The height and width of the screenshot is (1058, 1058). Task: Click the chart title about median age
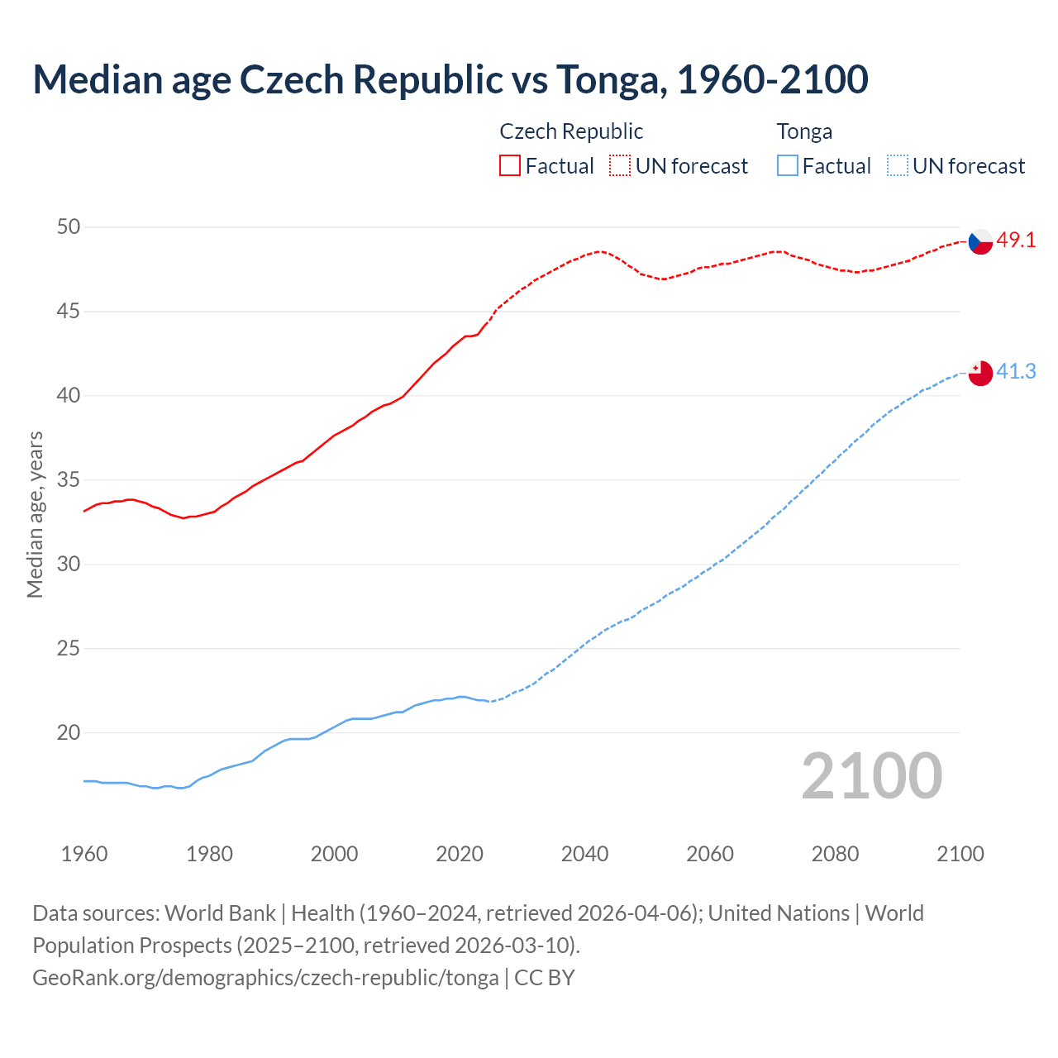(450, 79)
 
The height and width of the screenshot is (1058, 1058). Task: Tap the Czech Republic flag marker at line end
(979, 241)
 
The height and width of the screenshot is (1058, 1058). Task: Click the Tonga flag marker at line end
(979, 373)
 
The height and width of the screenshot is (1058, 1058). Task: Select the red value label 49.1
(1016, 241)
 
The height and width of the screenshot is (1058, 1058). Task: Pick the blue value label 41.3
(1016, 372)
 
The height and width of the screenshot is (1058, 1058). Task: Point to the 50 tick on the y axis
(69, 226)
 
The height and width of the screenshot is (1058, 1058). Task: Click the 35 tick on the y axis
(69, 479)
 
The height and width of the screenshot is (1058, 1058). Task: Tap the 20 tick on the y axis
(69, 732)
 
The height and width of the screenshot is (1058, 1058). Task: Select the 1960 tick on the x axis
(84, 854)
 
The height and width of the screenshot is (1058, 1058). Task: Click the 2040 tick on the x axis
(584, 854)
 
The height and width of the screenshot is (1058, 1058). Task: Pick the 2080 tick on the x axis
(835, 854)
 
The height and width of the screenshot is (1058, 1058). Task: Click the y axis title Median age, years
(35, 514)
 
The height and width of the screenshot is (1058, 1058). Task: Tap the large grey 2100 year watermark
(871, 776)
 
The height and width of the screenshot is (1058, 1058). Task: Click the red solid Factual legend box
(510, 165)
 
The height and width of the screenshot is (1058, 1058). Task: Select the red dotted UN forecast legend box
(620, 165)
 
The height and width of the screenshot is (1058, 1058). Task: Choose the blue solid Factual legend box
(788, 165)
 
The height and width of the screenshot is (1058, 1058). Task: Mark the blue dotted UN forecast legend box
(898, 165)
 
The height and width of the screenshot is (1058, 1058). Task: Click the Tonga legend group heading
(804, 131)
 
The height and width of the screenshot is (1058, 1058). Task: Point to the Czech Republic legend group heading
(571, 131)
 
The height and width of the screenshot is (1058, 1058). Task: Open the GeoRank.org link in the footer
(265, 978)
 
